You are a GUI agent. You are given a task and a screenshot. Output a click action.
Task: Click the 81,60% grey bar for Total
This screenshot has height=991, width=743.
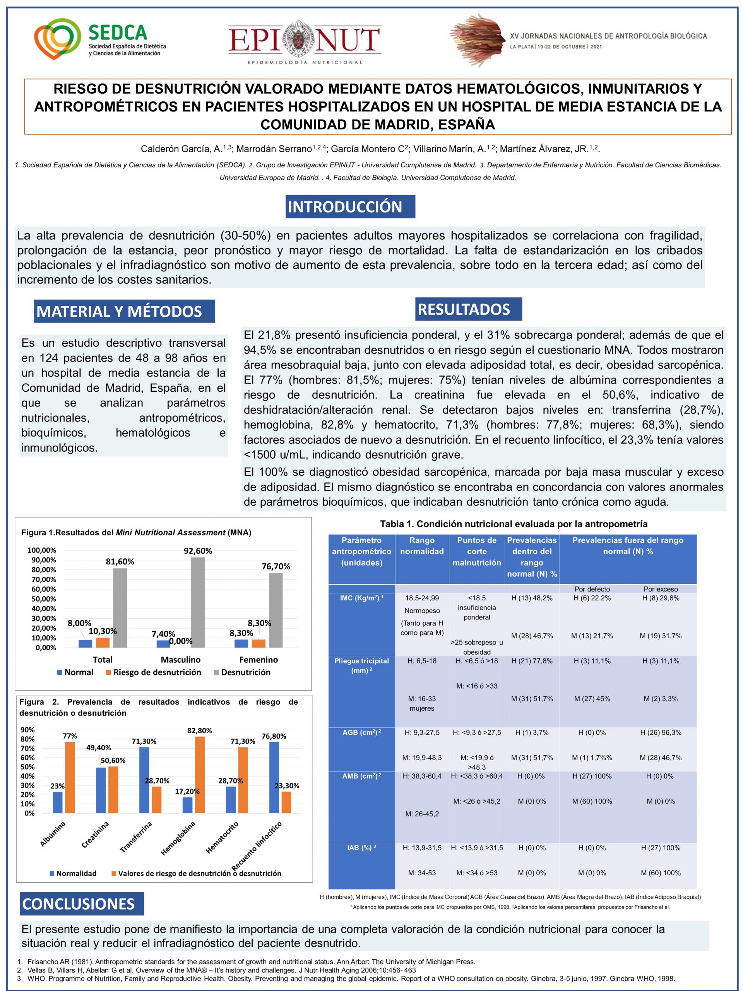pos(120,607)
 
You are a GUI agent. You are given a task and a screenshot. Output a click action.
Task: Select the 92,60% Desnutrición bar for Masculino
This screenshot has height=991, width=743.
pos(197,602)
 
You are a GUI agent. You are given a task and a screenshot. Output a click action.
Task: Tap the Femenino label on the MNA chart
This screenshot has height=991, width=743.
pos(259,660)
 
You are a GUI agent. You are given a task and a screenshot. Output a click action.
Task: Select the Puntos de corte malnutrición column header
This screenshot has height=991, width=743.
pos(476,551)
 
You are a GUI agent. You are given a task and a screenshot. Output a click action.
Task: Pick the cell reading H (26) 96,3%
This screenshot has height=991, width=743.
pos(661,732)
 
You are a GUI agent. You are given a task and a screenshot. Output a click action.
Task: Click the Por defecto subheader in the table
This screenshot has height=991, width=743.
pos(592,589)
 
